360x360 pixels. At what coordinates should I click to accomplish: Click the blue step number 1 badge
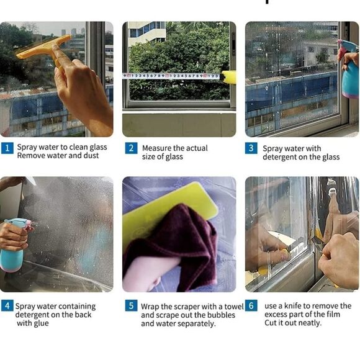point(7,148)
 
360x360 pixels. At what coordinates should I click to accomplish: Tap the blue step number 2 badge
point(131,148)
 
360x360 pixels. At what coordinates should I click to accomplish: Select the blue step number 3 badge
point(251,148)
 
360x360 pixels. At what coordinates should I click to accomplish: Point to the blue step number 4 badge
point(7,305)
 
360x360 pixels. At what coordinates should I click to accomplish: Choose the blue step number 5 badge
point(131,305)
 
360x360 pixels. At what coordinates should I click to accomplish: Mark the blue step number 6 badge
point(251,305)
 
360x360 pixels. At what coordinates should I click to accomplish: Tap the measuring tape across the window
point(172,76)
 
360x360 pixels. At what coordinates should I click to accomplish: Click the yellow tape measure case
point(228,77)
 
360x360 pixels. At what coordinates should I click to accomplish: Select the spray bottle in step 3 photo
point(349,69)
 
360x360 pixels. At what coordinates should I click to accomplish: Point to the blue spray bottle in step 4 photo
point(14,245)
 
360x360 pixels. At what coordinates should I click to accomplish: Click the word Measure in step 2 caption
point(157,148)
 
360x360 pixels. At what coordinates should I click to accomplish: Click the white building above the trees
point(147,34)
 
